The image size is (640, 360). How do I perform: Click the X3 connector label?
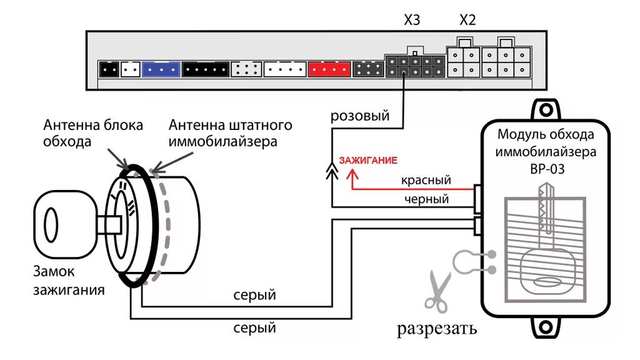click(412, 20)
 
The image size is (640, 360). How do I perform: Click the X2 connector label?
click(467, 20)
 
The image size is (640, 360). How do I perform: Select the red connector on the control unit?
click(328, 69)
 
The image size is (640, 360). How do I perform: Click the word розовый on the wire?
click(360, 116)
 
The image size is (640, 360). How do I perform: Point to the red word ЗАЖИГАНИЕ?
click(368, 161)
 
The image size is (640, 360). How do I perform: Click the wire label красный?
click(426, 180)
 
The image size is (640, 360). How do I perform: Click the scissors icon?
click(437, 291)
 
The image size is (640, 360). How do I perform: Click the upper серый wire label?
click(254, 295)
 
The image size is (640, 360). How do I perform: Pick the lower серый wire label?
click(254, 327)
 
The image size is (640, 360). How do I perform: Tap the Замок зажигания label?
click(69, 281)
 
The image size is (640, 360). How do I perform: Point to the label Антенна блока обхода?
click(93, 132)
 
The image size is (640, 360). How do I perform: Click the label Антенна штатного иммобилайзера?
click(230, 132)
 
